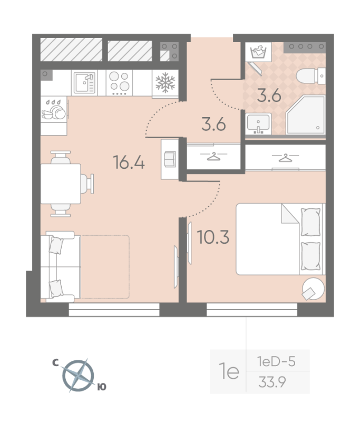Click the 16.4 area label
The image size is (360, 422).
pyautogui.click(x=129, y=162)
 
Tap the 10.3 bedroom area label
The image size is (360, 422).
pyautogui.click(x=213, y=237)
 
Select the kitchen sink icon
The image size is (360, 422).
pyautogui.click(x=84, y=83)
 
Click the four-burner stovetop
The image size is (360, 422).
pyautogui.click(x=119, y=83)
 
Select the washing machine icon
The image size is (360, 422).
pyautogui.click(x=258, y=53)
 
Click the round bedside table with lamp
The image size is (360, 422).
pyautogui.click(x=312, y=289)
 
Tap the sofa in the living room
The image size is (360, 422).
pyautogui.click(x=62, y=267)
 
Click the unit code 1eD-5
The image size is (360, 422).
pyautogui.click(x=276, y=362)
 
